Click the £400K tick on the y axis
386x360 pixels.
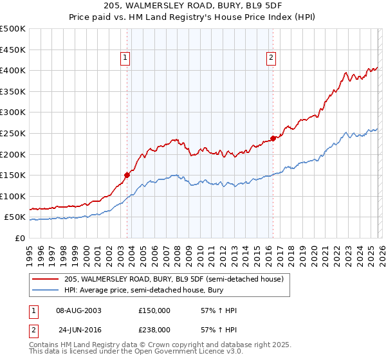13,70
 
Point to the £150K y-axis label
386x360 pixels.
13,175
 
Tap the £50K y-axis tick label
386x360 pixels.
15,217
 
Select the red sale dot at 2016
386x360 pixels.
273,138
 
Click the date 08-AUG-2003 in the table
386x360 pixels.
78,310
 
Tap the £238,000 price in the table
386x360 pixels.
154,329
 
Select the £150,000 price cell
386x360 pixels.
154,310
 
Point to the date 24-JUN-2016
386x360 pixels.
78,329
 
